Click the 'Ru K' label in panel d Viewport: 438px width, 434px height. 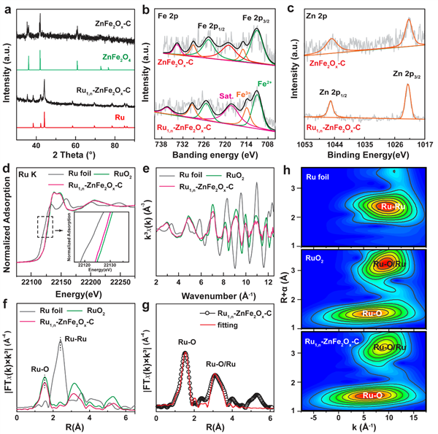[25, 176]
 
